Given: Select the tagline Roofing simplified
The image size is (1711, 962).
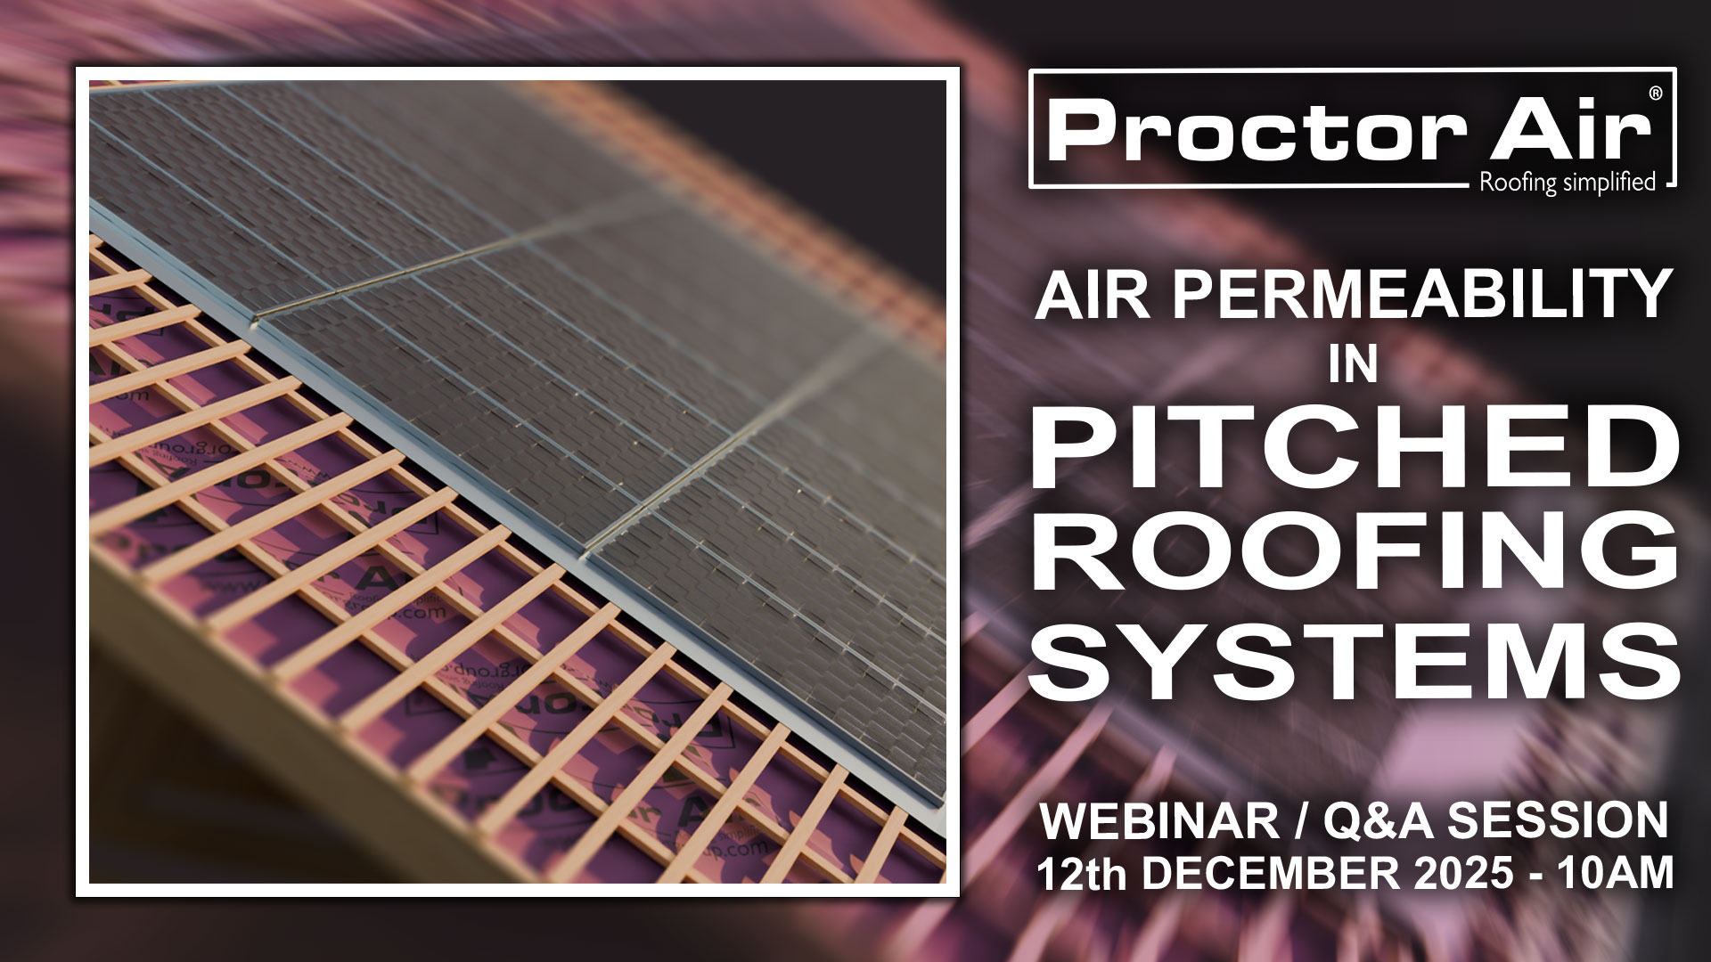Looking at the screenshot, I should point(1567,183).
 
